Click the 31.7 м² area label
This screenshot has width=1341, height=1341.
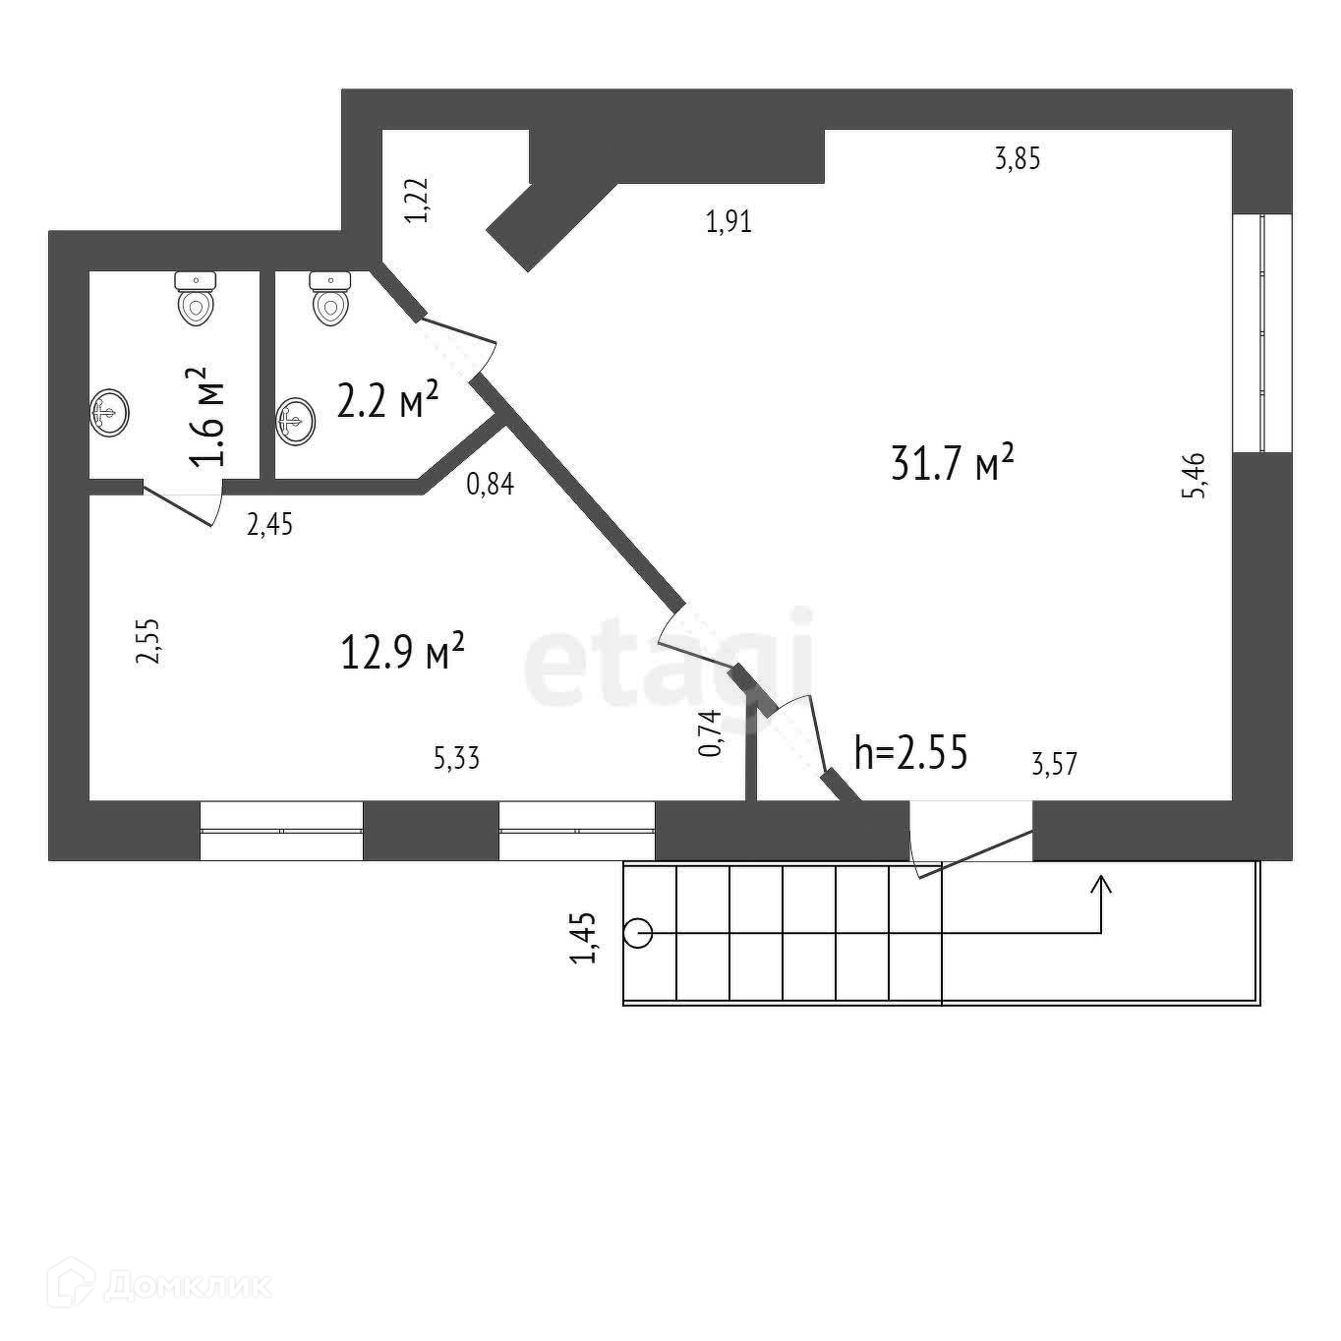[x=951, y=463]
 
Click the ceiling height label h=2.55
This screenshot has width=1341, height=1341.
[x=911, y=753]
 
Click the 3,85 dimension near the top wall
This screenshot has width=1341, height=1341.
[x=1018, y=158]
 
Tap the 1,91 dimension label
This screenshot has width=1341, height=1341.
[x=729, y=222]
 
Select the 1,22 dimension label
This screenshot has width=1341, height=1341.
[x=418, y=201]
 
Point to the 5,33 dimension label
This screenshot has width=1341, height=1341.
[x=456, y=758]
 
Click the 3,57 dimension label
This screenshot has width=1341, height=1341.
[x=1054, y=763]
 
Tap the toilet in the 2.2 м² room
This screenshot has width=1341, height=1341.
[x=330, y=298]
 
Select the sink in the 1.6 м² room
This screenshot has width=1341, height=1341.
[x=108, y=413]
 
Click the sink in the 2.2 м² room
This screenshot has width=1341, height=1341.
[x=296, y=421]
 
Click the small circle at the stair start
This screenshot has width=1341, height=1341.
[x=638, y=932]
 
